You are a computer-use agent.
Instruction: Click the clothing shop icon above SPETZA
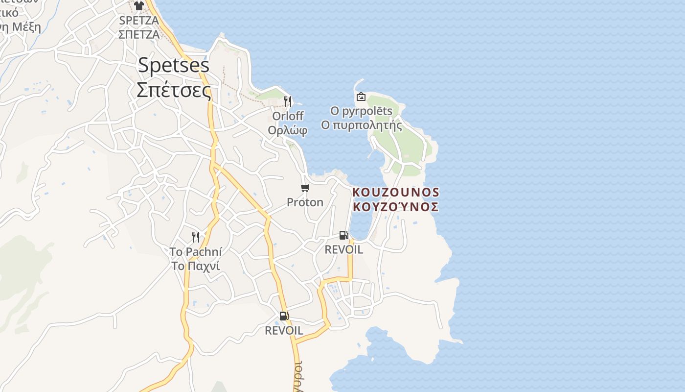coord(139,6)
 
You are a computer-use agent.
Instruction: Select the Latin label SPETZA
coord(139,21)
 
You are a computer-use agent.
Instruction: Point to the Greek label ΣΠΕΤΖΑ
coord(139,34)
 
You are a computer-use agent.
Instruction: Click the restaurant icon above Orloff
coord(288,101)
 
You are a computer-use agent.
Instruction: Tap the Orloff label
coord(288,116)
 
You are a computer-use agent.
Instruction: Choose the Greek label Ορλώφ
coord(288,130)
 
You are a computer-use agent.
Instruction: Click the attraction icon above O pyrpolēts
coord(361,97)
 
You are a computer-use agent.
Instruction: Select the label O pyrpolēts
coord(361,111)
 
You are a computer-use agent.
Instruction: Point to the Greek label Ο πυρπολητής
coord(361,125)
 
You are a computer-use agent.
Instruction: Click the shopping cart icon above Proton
coord(305,188)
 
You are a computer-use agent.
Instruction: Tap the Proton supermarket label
coord(305,202)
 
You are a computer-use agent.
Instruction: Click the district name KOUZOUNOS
coord(395,192)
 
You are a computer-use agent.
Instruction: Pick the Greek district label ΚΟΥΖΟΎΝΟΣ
coord(395,207)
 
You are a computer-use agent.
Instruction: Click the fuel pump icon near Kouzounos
coord(344,235)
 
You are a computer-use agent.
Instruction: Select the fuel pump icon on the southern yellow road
coord(284,316)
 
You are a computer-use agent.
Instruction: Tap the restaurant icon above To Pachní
coord(196,237)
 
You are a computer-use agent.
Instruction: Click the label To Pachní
coord(196,252)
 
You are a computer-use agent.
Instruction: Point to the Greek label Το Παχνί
coord(196,266)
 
